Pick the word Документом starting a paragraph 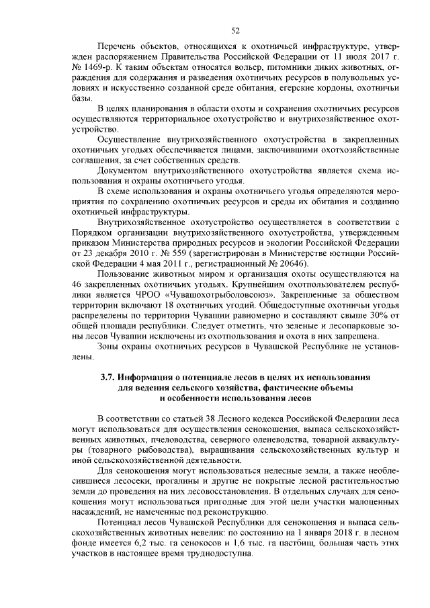pos(124,171)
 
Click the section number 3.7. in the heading pos(110,378)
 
